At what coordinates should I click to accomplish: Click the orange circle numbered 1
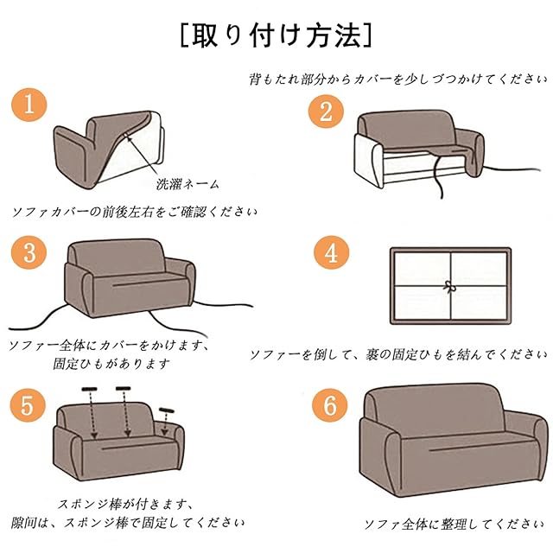point(29,105)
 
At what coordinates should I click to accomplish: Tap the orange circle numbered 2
point(326,111)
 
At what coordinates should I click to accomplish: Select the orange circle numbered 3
point(29,252)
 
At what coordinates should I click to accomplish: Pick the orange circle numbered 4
point(332,252)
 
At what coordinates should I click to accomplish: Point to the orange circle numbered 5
point(28,405)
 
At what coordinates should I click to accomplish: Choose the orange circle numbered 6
point(330,405)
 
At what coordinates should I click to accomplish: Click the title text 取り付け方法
point(276,35)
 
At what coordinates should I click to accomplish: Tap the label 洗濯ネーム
point(188,184)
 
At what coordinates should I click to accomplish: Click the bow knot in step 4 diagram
point(449,287)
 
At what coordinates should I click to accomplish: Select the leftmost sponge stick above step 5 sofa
point(89,389)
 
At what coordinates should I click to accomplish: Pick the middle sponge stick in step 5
point(123,388)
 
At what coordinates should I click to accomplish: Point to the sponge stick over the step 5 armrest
point(167,410)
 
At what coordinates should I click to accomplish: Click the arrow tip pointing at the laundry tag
point(127,137)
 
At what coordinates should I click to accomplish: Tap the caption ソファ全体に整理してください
point(454,524)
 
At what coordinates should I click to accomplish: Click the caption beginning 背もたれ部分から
point(398,79)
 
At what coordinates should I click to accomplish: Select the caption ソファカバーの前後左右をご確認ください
point(135,212)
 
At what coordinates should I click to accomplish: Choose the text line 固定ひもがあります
point(111,364)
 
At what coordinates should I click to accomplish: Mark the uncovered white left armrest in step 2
point(367,160)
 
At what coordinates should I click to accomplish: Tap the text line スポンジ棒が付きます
point(125,505)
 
